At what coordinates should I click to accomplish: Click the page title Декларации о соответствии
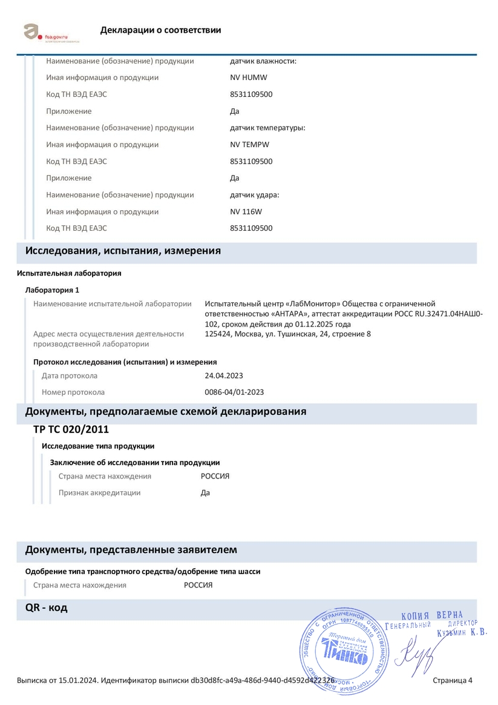(x=160, y=30)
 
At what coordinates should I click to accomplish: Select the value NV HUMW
(x=249, y=78)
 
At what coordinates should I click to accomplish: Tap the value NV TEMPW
(x=250, y=145)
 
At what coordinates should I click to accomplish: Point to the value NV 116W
(x=246, y=212)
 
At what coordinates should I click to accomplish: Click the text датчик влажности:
(x=263, y=61)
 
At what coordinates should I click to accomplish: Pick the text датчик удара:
(x=255, y=195)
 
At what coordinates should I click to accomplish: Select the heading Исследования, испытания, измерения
(x=123, y=251)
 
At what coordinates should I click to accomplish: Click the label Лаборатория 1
(x=52, y=290)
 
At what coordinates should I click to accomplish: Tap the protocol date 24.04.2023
(x=224, y=376)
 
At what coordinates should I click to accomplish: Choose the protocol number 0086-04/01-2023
(x=234, y=392)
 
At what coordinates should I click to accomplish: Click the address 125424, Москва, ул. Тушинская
(x=288, y=334)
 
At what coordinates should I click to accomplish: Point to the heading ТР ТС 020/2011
(x=71, y=429)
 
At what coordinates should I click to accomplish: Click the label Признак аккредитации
(x=99, y=493)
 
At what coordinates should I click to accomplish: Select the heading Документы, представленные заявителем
(x=131, y=550)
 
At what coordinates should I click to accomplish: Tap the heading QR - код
(x=46, y=607)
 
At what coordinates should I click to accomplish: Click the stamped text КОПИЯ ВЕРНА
(x=431, y=616)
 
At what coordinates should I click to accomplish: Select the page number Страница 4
(x=453, y=681)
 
